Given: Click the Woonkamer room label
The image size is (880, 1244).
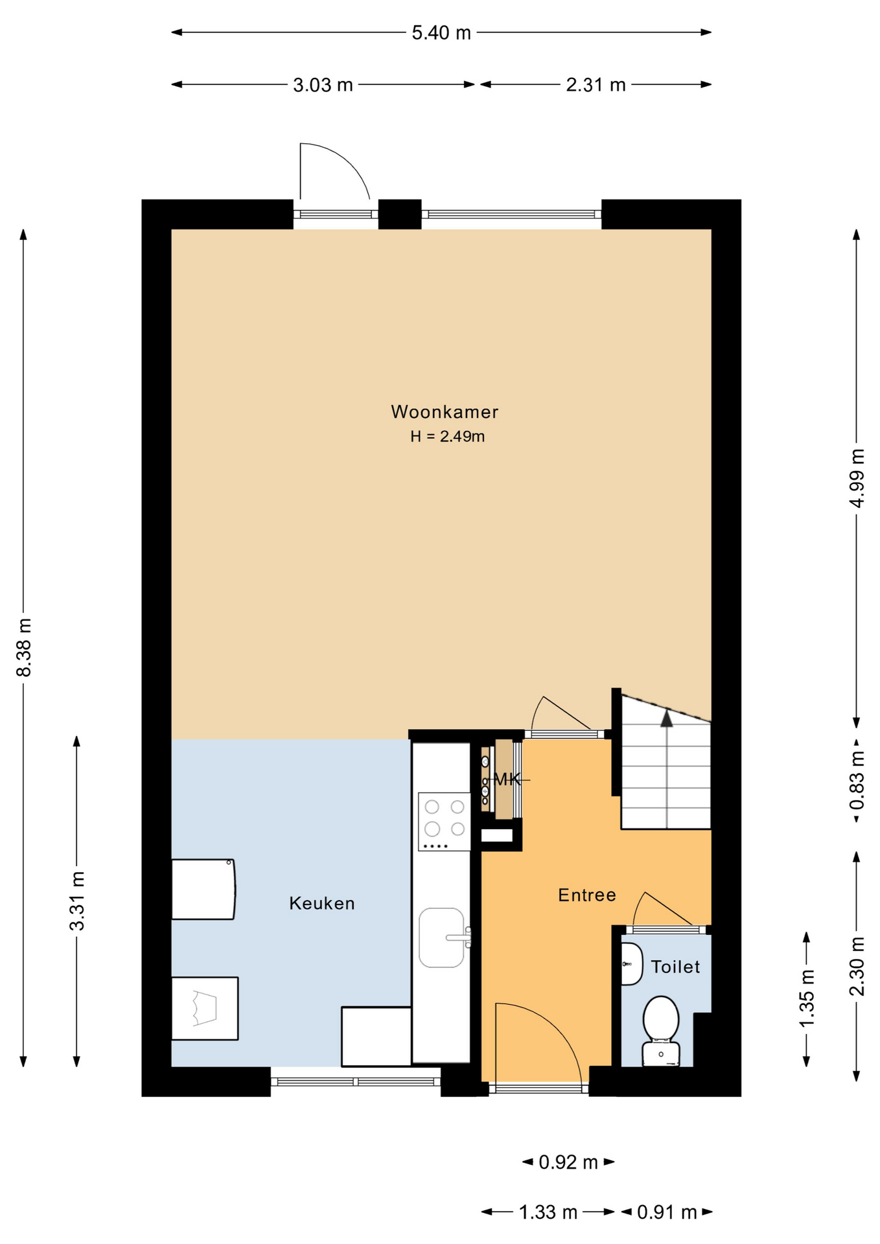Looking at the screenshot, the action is click(x=445, y=412).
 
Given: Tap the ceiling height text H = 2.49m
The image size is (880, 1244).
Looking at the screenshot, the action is click(x=447, y=437).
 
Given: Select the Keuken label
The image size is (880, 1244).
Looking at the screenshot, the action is click(x=322, y=903).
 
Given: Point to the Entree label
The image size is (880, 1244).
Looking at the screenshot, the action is click(x=587, y=895).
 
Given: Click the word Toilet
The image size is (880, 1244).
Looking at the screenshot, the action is click(x=675, y=967).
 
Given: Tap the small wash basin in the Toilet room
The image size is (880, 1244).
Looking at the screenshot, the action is click(x=631, y=964).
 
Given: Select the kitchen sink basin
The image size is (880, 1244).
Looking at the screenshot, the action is click(x=442, y=938).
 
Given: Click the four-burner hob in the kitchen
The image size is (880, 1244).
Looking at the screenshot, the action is click(x=445, y=822).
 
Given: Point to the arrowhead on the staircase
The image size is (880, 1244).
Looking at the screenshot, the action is click(x=666, y=718).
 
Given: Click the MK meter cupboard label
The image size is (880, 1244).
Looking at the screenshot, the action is click(x=507, y=779).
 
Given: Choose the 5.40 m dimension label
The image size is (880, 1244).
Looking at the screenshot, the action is click(x=441, y=32).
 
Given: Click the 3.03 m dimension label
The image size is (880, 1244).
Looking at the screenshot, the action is click(x=323, y=85).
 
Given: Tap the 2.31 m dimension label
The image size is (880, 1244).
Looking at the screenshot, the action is click(x=596, y=85).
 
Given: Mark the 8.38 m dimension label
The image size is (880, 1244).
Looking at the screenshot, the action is click(x=24, y=647).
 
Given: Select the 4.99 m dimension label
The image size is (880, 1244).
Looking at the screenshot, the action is click(x=857, y=478).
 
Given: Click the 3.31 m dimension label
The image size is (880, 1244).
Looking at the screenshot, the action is click(x=77, y=901).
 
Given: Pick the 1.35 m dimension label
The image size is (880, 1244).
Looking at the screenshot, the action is click(x=807, y=998).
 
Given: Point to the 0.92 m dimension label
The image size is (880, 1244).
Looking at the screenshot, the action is click(x=568, y=1162).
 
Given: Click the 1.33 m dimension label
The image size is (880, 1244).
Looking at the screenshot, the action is click(x=548, y=1212).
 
